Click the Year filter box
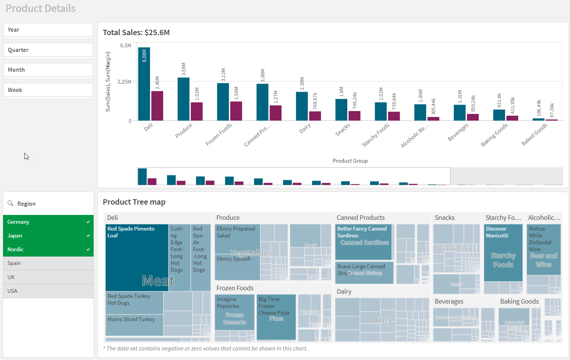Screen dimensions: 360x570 coord(48,30)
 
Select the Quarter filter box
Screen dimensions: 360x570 coord(48,50)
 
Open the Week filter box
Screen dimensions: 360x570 coord(48,90)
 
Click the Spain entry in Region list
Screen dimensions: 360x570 coord(48,263)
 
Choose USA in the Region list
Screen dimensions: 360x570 coord(48,291)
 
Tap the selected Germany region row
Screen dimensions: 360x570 coord(48,222)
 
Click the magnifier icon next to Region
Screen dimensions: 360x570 coord(11,203)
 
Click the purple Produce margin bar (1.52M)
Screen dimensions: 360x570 coord(197,111)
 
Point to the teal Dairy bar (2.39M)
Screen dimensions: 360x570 coord(302,106)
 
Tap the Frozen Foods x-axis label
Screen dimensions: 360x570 coord(219,134)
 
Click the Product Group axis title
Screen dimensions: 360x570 coord(350,161)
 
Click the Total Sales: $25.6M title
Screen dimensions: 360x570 coord(136,32)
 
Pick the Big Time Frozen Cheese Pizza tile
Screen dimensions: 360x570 coord(276,317)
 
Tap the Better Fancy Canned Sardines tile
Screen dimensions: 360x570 coord(363,241)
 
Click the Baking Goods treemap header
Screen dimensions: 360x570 coord(519,302)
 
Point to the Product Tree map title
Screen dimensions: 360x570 coord(134,202)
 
